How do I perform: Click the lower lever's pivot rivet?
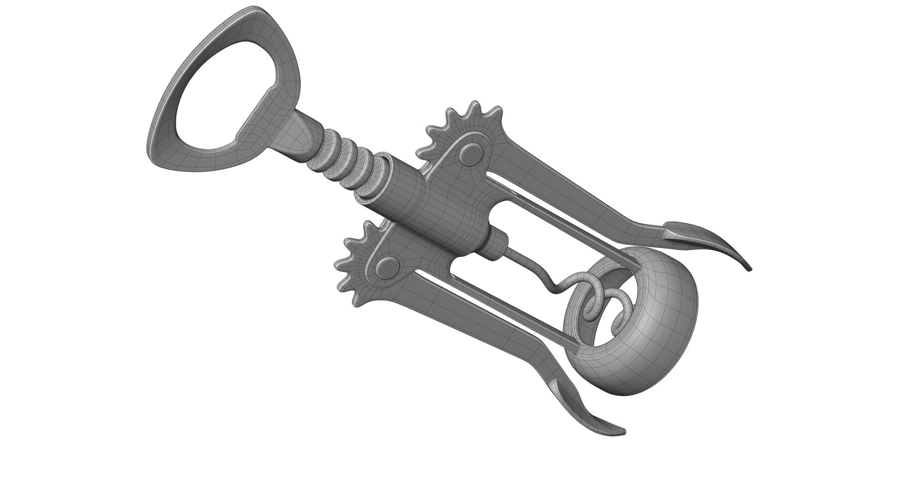(387, 269)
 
